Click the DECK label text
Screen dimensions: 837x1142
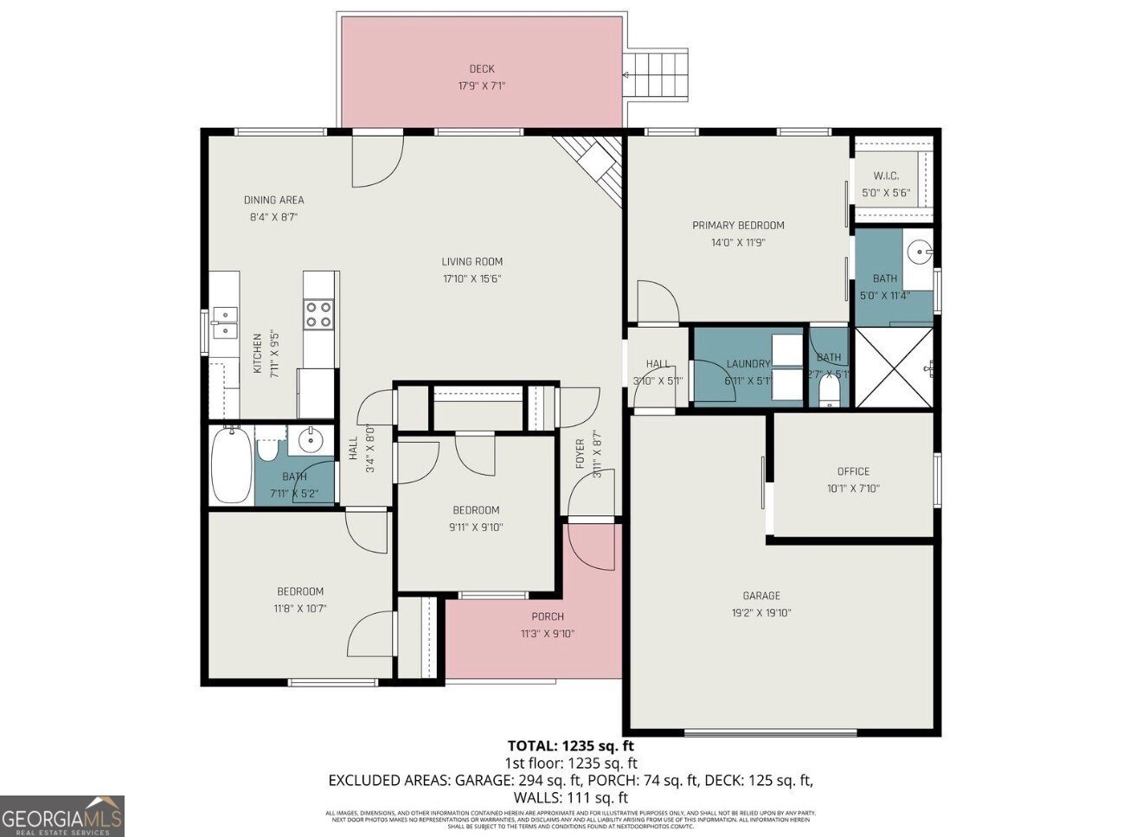482,69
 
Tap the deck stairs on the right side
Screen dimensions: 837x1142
657,74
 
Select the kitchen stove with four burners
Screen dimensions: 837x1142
319,313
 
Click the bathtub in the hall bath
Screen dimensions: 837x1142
231,466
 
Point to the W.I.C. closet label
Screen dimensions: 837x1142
885,176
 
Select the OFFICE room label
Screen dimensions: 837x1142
853,471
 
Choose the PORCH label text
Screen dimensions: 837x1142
548,617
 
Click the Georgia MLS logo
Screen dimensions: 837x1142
62,815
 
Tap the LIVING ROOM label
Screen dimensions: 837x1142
472,262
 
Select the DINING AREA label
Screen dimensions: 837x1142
273,200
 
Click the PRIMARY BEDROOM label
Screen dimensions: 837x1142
738,226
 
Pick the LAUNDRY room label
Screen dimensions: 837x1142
747,364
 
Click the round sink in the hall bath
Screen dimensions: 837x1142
309,442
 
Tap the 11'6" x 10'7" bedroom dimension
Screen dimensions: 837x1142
300,608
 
